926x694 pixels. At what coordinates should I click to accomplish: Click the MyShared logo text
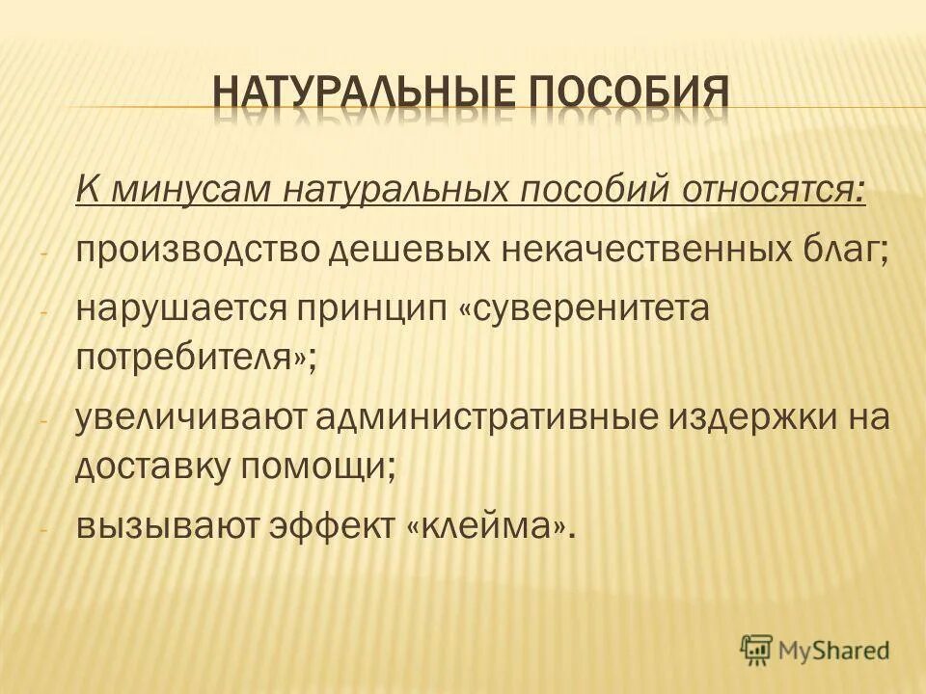pyautogui.click(x=837, y=648)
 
